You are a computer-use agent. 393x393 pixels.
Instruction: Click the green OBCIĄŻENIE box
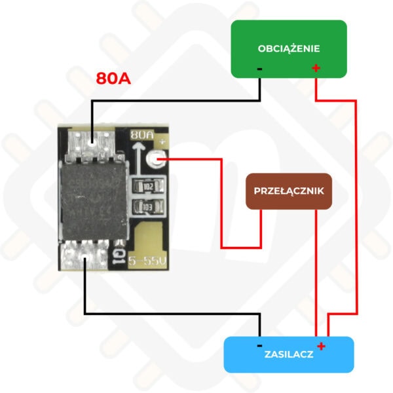(289, 49)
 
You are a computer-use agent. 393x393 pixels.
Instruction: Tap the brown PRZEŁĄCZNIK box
(289, 191)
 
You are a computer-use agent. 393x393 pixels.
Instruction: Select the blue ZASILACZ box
(289, 354)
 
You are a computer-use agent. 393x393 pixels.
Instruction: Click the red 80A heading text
(113, 78)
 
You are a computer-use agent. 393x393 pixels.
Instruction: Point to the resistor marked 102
(149, 186)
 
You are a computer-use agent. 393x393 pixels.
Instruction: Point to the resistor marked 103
(148, 207)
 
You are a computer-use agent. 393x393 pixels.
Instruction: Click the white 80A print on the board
(142, 136)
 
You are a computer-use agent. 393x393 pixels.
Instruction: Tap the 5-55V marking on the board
(147, 261)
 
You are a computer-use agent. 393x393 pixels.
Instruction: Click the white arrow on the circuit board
(137, 159)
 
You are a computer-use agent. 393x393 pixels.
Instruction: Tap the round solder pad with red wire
(155, 159)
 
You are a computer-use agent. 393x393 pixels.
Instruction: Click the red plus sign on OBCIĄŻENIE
(316, 68)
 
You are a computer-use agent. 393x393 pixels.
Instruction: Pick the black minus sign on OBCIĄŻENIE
(259, 69)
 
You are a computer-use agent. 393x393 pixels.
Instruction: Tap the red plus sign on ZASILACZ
(321, 346)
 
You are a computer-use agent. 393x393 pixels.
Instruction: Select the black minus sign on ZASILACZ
(259, 346)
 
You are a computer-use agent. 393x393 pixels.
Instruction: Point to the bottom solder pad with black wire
(85, 255)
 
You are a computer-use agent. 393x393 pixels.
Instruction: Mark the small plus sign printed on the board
(162, 141)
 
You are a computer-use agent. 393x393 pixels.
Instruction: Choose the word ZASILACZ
(289, 354)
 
